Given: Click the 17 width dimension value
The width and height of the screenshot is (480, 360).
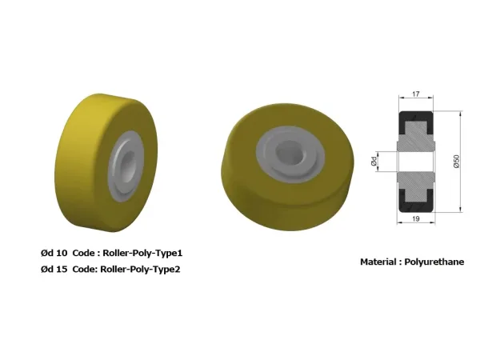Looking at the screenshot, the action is click(x=415, y=94).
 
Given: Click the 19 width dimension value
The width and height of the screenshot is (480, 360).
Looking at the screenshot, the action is click(x=416, y=218).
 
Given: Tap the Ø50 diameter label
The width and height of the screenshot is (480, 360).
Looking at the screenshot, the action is click(x=457, y=162).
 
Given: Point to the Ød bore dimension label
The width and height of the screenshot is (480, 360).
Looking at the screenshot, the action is click(x=374, y=161).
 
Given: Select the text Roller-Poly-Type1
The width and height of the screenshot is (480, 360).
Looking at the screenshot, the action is click(x=142, y=253).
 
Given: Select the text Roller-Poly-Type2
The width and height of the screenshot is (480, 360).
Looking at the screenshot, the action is click(x=140, y=270).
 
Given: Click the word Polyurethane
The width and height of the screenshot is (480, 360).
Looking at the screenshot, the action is click(x=434, y=262).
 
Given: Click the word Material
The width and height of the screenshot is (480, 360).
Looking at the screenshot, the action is click(x=378, y=262).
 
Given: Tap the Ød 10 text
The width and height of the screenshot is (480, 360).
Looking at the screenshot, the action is click(x=54, y=253).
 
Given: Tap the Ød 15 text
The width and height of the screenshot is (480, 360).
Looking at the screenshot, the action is click(x=54, y=270).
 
